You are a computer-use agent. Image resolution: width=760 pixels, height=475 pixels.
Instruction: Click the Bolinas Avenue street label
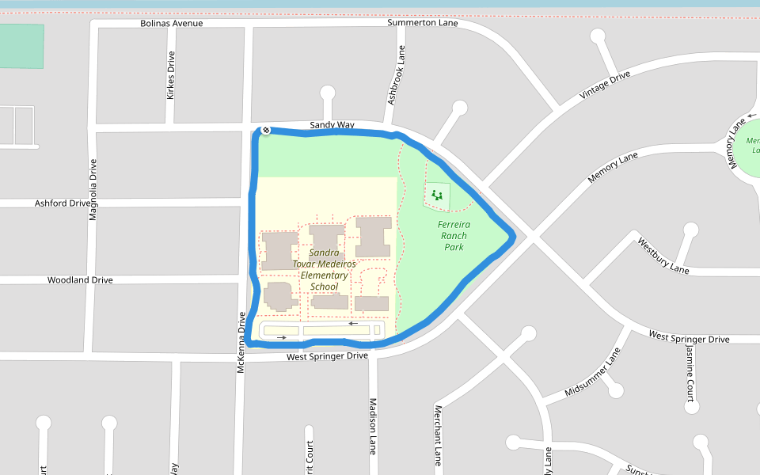[x=171, y=23]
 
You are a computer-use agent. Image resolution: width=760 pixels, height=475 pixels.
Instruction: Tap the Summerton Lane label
[x=422, y=23]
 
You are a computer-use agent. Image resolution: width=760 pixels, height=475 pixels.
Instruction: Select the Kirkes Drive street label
[x=170, y=75]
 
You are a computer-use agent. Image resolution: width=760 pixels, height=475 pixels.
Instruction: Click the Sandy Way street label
[x=332, y=125]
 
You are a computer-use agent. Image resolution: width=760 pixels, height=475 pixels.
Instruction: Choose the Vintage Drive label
[x=605, y=85]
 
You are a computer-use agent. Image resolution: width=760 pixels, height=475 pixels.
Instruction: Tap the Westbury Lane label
[x=663, y=256]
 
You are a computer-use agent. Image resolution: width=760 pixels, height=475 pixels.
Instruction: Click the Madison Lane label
[x=372, y=426]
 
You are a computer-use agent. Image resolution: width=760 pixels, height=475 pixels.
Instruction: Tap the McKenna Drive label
[x=242, y=342]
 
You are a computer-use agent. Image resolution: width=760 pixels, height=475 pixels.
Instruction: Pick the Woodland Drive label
[x=80, y=280]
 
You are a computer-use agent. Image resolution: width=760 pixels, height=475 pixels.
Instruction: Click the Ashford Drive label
[x=63, y=203]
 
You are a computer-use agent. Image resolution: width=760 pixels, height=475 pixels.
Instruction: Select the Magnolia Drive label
[x=93, y=189]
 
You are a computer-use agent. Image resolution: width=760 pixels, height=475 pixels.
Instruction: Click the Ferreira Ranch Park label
[x=454, y=236]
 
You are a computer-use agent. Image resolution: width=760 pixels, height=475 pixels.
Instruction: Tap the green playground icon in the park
[x=436, y=195]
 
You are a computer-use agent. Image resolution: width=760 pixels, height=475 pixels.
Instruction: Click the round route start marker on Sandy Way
[x=266, y=131]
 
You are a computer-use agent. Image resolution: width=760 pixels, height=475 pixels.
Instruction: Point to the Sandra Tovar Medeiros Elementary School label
[x=325, y=269]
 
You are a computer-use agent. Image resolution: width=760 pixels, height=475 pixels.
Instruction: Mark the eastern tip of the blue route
[x=514, y=236]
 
